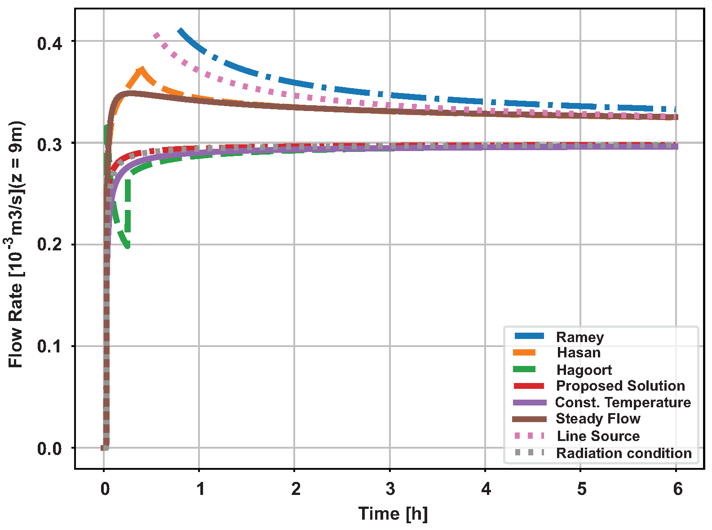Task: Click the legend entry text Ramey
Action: click(x=579, y=337)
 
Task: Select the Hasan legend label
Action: click(x=579, y=353)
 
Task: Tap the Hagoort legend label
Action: click(x=584, y=370)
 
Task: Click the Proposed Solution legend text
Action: click(x=620, y=386)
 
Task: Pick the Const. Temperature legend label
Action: click(x=623, y=402)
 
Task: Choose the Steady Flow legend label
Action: click(x=598, y=419)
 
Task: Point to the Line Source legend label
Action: click(x=598, y=436)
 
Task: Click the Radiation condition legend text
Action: click(x=624, y=453)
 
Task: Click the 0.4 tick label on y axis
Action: click(x=49, y=44)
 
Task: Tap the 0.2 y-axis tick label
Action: click(x=49, y=245)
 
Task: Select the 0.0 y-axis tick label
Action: click(x=49, y=449)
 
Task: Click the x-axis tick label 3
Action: click(x=390, y=489)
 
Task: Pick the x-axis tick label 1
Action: click(x=200, y=489)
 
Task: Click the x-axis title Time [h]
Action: click(x=393, y=514)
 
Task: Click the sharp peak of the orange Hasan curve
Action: click(x=142, y=70)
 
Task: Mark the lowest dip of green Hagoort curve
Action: click(x=128, y=245)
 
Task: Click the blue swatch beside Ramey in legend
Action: click(x=529, y=336)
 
